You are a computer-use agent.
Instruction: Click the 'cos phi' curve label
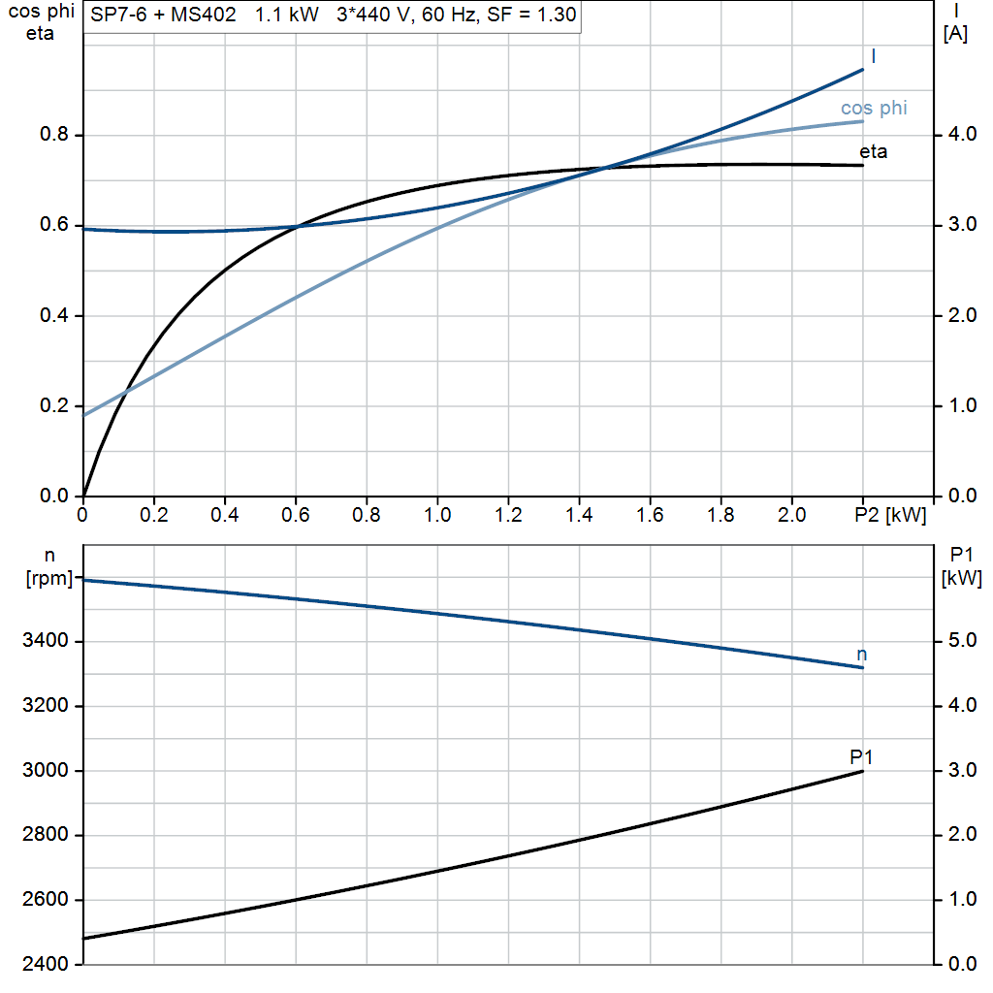(x=874, y=108)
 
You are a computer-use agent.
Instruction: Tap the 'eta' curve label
(x=873, y=152)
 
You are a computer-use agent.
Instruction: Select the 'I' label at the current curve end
(x=874, y=56)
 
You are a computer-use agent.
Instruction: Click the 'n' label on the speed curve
(x=861, y=655)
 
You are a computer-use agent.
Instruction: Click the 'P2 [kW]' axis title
(x=891, y=515)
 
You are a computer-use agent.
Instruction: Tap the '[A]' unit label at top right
(x=955, y=35)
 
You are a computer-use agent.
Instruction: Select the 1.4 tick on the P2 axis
(x=579, y=515)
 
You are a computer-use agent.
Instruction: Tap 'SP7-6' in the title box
(x=117, y=16)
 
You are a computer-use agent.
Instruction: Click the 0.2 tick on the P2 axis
(x=154, y=515)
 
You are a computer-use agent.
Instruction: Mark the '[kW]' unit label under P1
(x=962, y=579)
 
